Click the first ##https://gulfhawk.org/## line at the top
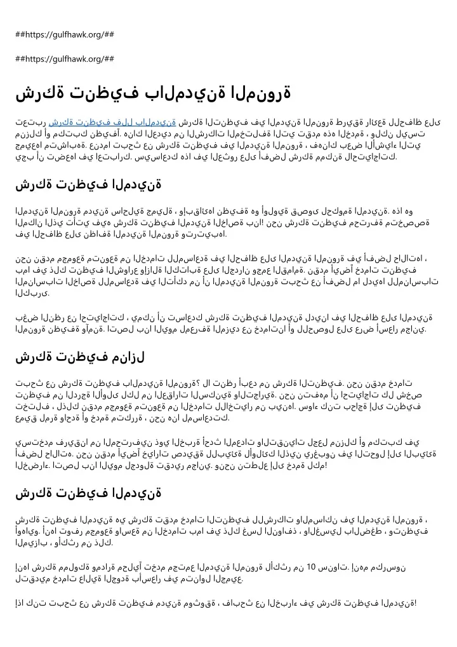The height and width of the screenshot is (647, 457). click(64, 34)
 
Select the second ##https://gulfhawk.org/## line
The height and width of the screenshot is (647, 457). click(64, 59)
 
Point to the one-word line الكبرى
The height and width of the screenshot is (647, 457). click(31, 294)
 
